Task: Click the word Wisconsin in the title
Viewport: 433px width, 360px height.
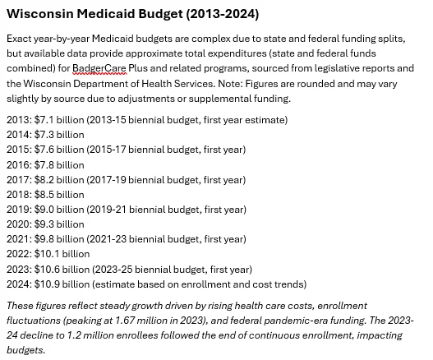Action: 40,14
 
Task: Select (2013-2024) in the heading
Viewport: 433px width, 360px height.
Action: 223,14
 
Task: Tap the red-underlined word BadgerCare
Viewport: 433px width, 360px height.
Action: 99,68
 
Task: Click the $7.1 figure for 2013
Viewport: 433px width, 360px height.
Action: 44,120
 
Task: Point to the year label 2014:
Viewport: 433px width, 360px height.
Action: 20,135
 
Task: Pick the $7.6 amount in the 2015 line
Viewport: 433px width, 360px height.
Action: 44,150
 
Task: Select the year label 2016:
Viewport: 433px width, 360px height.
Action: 20,165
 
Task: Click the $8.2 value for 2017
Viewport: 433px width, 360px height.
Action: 44,180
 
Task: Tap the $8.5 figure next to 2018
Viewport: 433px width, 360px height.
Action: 44,195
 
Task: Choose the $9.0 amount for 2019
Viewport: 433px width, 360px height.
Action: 44,210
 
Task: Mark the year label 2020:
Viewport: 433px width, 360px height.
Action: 20,224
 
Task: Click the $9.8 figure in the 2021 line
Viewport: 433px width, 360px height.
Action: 44,239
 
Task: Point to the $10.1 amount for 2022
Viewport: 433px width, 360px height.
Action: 47,254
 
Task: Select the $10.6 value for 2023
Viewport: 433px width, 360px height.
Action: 47,270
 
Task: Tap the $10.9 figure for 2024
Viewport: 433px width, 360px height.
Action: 47,284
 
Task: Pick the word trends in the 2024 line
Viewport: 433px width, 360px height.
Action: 291,284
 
